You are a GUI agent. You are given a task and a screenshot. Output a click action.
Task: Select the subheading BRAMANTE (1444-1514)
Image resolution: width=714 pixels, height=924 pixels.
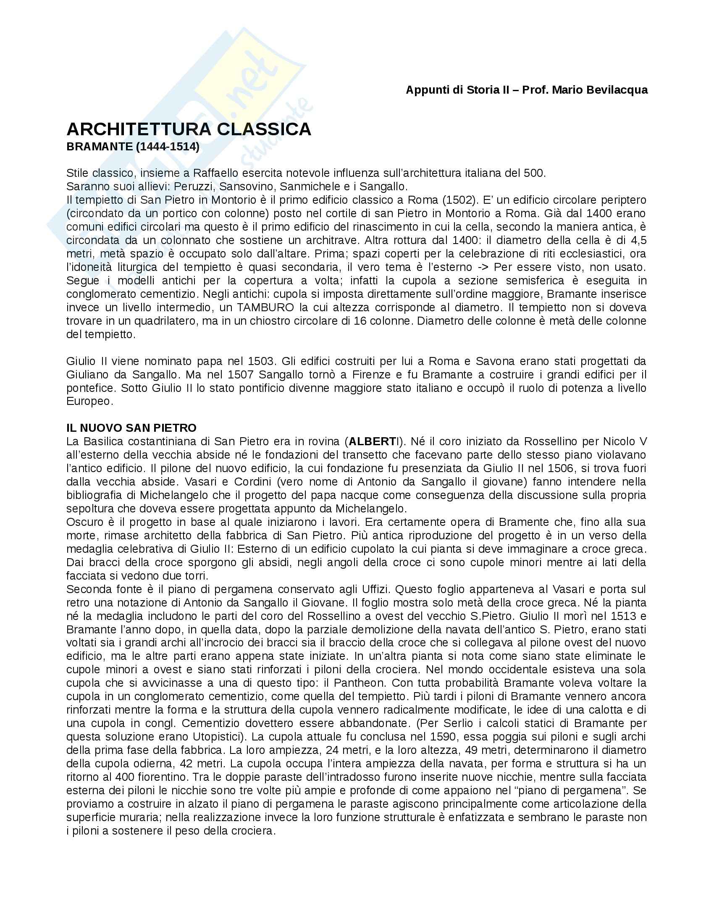coord(133,147)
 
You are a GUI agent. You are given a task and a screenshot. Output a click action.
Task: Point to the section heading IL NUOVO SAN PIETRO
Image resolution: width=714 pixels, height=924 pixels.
coord(131,428)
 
